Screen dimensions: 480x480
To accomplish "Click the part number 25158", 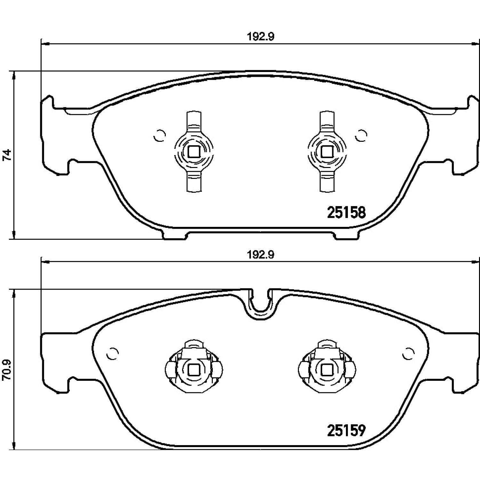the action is (346, 212).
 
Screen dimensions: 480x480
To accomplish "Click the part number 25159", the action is (346, 430).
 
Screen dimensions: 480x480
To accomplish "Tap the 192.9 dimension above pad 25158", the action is (261, 37).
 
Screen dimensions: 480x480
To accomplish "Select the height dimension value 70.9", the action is (7, 370).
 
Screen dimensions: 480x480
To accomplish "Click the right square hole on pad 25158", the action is (326, 152).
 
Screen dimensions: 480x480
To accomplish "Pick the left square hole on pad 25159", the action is (194, 370).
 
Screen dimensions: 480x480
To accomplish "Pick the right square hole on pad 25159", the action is (326, 370).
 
